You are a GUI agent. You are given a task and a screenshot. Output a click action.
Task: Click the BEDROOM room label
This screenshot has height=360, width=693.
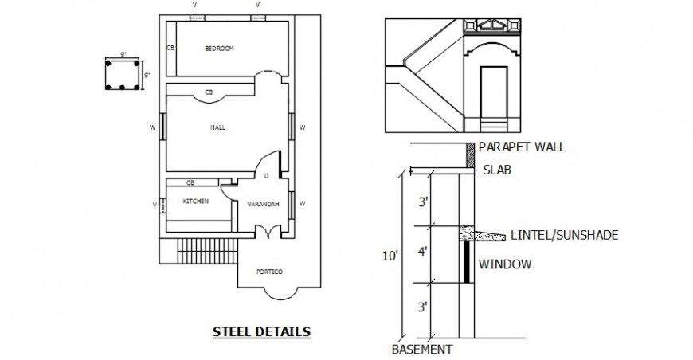219,49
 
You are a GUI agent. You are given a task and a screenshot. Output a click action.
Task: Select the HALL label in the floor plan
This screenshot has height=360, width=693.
217,127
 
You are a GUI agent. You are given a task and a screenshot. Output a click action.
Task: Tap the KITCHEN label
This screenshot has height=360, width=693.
196,202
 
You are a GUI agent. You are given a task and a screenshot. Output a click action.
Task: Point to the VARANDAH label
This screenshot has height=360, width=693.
263,205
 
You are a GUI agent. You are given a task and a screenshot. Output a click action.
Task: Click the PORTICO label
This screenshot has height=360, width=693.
269,272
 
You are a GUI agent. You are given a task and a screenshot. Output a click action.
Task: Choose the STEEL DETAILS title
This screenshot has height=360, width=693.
261,331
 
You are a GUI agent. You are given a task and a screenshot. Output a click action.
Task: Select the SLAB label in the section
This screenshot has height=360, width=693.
497,170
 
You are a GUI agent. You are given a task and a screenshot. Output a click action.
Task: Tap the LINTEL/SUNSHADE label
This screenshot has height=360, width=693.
564,235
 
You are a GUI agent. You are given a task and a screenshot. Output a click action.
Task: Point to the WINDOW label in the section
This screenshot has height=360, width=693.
504,264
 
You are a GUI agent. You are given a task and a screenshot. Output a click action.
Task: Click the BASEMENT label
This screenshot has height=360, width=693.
421,349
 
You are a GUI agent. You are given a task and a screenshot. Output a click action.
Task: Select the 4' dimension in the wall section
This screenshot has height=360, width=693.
423,252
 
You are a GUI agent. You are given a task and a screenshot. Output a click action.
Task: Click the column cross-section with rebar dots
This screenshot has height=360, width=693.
123,74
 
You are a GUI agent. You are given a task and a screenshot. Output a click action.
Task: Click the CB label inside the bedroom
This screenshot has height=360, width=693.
170,49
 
